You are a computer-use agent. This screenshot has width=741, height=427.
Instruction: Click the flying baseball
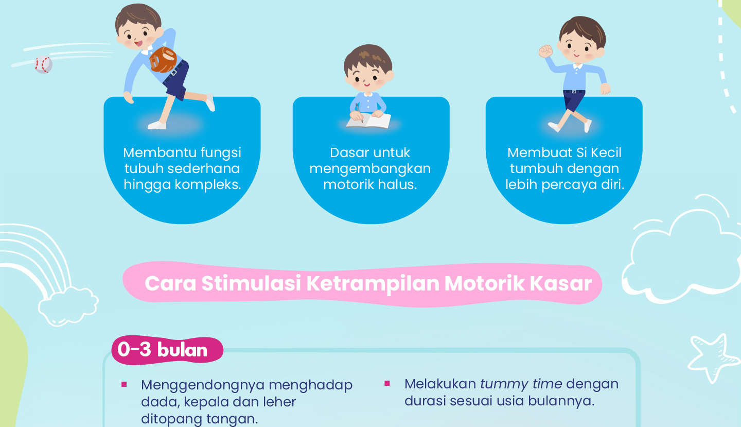click(43, 64)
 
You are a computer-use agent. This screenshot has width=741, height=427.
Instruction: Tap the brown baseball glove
click(163, 60)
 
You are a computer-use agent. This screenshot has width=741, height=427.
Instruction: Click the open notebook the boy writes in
click(368, 121)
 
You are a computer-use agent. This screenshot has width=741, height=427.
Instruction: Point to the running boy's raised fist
click(546, 52)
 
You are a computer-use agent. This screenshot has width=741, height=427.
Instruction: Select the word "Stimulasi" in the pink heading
click(251, 283)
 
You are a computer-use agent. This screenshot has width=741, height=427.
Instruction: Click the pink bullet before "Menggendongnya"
click(124, 384)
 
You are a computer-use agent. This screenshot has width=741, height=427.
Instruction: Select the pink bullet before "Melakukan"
click(387, 383)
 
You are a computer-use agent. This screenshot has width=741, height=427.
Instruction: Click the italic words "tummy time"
click(521, 384)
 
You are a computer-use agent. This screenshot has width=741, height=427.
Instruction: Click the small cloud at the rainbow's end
click(68, 306)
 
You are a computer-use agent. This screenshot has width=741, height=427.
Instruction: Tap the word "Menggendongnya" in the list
click(202, 386)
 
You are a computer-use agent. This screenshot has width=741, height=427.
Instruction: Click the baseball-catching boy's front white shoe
click(157, 126)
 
